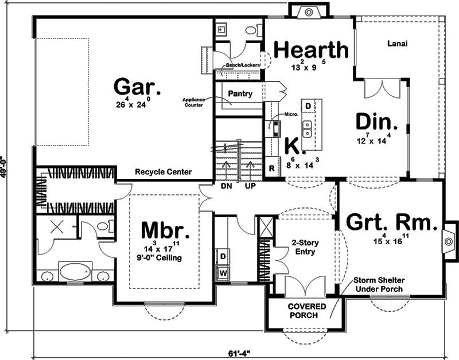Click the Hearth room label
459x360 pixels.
click(312, 50)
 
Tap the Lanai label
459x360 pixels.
click(397, 43)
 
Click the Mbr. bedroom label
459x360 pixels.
click(165, 230)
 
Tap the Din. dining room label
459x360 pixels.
click(376, 123)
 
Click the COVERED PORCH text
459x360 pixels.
click(307, 311)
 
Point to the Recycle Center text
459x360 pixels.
click(163, 171)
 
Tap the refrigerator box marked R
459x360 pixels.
click(272, 169)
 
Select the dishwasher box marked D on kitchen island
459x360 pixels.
click(308, 106)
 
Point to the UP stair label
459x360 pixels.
click(250, 186)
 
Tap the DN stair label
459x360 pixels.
click(226, 186)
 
